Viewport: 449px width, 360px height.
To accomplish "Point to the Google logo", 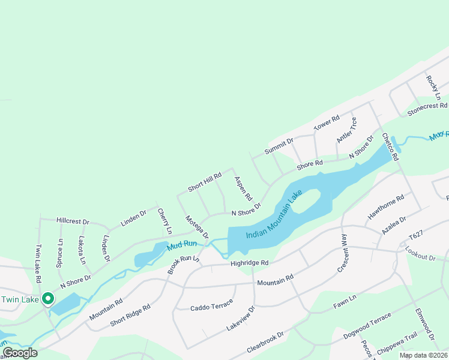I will click(x=20, y=353).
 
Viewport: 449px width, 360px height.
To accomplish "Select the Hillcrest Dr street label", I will click(x=72, y=221).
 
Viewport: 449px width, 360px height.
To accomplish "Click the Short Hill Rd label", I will click(x=205, y=182).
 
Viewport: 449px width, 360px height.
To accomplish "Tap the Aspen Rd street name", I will click(x=243, y=188).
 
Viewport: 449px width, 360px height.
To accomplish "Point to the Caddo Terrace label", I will click(x=211, y=306).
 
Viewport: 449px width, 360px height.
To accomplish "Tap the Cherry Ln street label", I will click(x=164, y=221).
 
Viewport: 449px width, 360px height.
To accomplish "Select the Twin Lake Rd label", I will click(x=38, y=263).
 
